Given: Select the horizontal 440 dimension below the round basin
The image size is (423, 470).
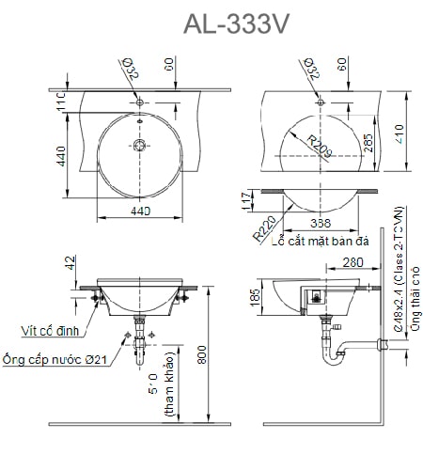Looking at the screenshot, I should click(x=141, y=212).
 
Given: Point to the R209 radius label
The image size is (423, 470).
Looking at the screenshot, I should click(x=320, y=145).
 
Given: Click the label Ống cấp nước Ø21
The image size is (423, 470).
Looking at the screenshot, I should click(x=55, y=359).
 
